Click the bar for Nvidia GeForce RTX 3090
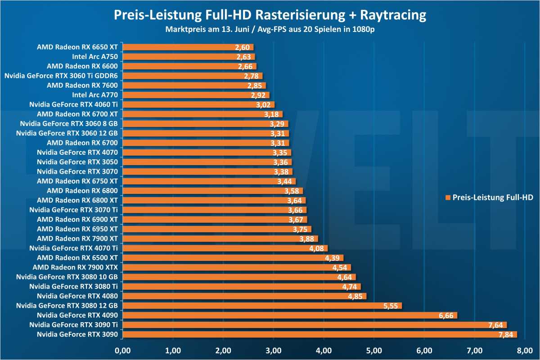319,334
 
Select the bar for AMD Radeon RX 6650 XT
188,47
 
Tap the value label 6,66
447,315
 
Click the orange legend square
447,198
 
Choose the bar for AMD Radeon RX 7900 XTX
236,267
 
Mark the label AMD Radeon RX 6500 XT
77,258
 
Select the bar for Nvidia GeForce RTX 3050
207,162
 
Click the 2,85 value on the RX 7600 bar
255,85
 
